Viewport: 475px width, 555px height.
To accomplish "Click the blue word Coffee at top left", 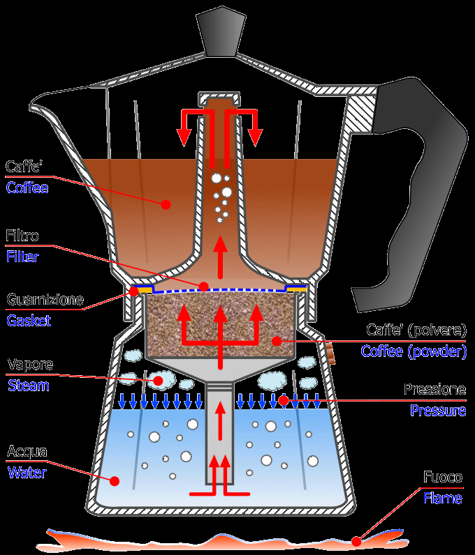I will tap(27, 188).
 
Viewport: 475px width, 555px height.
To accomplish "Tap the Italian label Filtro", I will tap(22, 236).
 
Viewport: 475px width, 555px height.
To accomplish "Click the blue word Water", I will tap(27, 472).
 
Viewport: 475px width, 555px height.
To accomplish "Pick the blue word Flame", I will tap(443, 498).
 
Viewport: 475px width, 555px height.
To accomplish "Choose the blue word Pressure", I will tap(438, 410).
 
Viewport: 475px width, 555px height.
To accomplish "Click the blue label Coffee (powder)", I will tap(414, 351).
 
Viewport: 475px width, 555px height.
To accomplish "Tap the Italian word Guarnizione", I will tap(45, 301).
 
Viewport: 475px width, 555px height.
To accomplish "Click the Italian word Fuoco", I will tap(443, 478).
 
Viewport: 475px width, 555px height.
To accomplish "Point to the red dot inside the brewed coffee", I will tap(166, 204).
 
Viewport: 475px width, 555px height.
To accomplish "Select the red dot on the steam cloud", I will tap(159, 381).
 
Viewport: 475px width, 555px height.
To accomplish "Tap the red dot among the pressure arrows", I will tap(283, 400).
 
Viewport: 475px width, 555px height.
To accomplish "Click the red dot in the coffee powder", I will tap(277, 341).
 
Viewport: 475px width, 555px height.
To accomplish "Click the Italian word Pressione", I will tap(434, 390).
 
